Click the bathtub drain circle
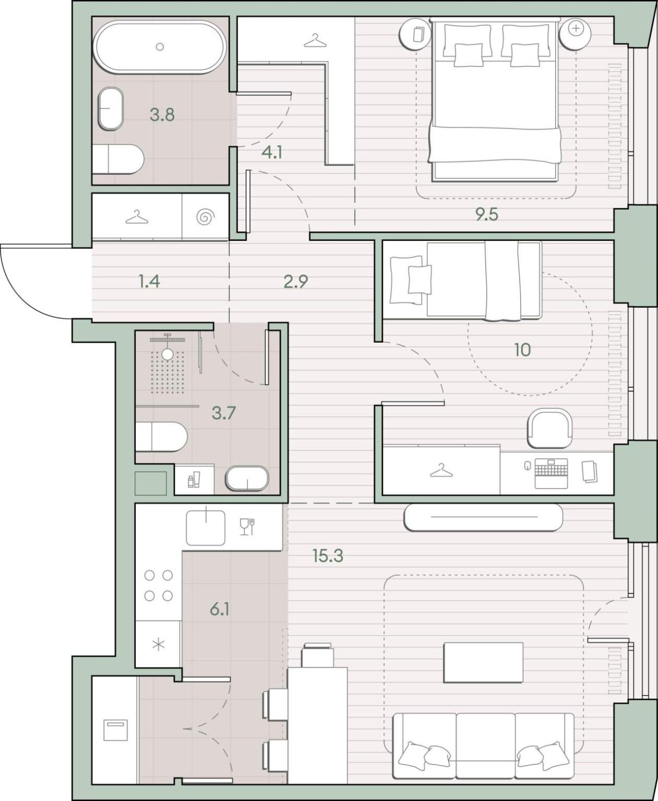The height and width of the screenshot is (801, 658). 159,47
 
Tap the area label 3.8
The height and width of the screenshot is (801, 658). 162,115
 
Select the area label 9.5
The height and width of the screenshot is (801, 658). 487,215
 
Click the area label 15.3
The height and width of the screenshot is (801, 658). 327,555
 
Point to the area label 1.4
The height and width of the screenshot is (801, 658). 149,282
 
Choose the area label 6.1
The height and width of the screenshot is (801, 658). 220,609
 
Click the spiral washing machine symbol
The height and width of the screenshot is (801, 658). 206,218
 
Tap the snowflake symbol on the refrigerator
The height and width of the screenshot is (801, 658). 158,644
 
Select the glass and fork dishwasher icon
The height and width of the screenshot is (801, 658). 247,527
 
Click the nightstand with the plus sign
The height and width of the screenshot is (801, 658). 575,34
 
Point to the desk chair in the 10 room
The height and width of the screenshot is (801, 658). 550,428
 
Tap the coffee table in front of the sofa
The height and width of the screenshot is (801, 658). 483,662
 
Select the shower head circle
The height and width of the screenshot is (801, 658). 167,354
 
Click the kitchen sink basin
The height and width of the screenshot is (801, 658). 206,528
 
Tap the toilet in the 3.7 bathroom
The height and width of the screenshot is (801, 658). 161,437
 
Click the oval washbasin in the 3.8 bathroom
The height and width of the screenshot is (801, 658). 111,109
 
